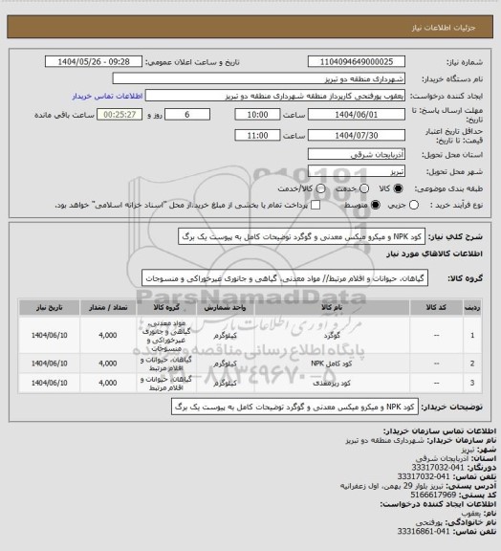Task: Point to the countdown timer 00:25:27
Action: (x=98, y=114)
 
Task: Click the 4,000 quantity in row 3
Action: (x=107, y=383)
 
